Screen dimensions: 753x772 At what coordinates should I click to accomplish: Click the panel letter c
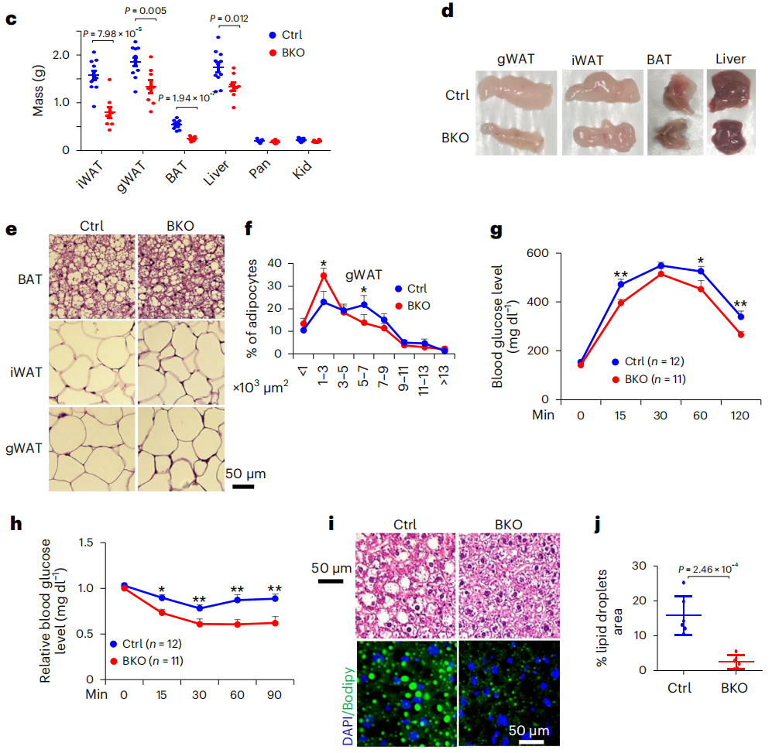click(x=11, y=18)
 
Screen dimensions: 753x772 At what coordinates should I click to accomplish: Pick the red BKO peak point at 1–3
click(x=324, y=276)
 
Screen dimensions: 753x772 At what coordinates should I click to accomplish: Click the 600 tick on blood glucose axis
click(x=539, y=253)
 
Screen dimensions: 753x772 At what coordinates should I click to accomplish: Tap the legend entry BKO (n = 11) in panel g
click(x=650, y=378)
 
